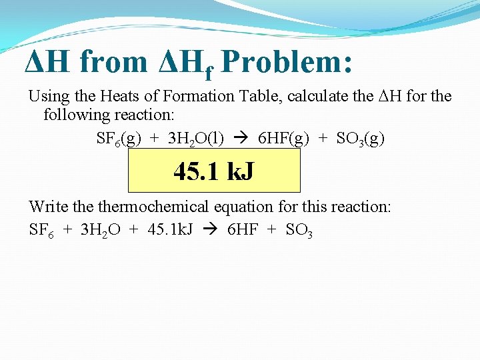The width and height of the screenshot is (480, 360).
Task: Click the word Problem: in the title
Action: [287, 62]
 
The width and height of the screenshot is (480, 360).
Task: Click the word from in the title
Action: [113, 62]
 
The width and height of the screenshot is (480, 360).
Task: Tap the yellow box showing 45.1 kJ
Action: [213, 171]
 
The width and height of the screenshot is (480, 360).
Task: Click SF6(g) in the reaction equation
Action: [119, 139]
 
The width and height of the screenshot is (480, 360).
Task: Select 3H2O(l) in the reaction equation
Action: [196, 139]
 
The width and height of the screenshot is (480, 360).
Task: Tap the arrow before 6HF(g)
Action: [242, 139]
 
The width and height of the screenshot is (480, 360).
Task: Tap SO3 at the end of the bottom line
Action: [299, 231]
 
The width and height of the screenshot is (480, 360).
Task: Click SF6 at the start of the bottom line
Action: [41, 231]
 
